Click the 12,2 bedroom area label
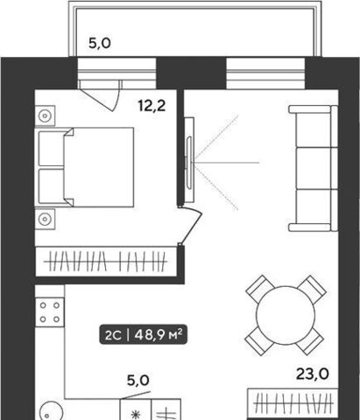coord(152,106)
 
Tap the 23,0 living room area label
coord(313,374)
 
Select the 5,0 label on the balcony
coord(100,44)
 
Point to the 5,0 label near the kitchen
coord(138,381)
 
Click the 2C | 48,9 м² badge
coord(143,335)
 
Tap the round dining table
coord(286,315)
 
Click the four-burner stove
coord(50,312)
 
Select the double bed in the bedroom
coord(84,167)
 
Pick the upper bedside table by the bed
coord(45,115)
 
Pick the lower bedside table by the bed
coord(45,219)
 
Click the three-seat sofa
coord(314,169)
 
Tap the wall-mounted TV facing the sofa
coord(189,160)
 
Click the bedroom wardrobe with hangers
coord(106,262)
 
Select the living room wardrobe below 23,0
coord(293,403)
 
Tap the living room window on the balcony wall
coord(265,73)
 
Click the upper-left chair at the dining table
coord(259,289)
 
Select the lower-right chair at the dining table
coord(310,341)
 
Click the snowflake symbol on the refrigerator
coord(136,415)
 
